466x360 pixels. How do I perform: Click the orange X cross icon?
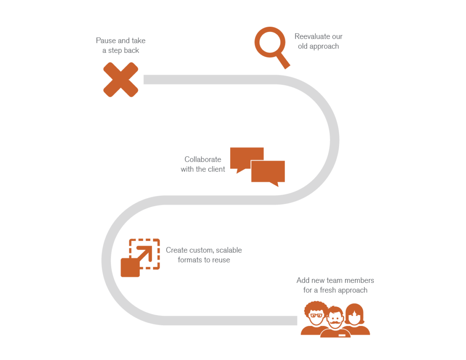pyautogui.click(x=121, y=80)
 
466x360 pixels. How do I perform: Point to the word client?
pyautogui.click(x=216, y=169)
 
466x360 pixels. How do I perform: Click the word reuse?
pyautogui.click(x=221, y=260)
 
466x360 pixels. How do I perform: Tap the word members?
pyautogui.click(x=359, y=280)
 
